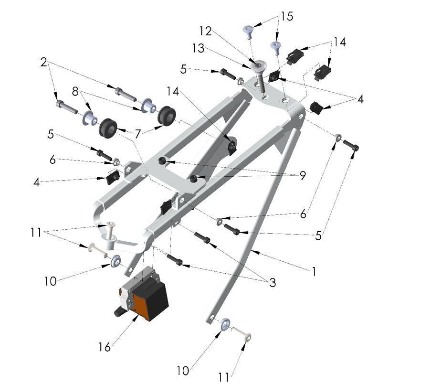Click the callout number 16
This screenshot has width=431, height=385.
point(105,347)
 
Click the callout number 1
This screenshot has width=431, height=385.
point(314,271)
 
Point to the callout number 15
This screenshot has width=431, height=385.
point(287,16)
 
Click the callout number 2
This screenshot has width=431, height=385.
point(44,62)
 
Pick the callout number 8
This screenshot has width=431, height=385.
point(75,91)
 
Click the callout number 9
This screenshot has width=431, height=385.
point(302,176)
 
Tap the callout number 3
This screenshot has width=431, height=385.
point(273,283)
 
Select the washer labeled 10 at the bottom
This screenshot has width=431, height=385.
point(225,325)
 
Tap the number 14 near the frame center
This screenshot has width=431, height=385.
point(174,90)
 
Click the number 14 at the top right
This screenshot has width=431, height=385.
point(339,42)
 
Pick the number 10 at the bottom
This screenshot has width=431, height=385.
point(183,370)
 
